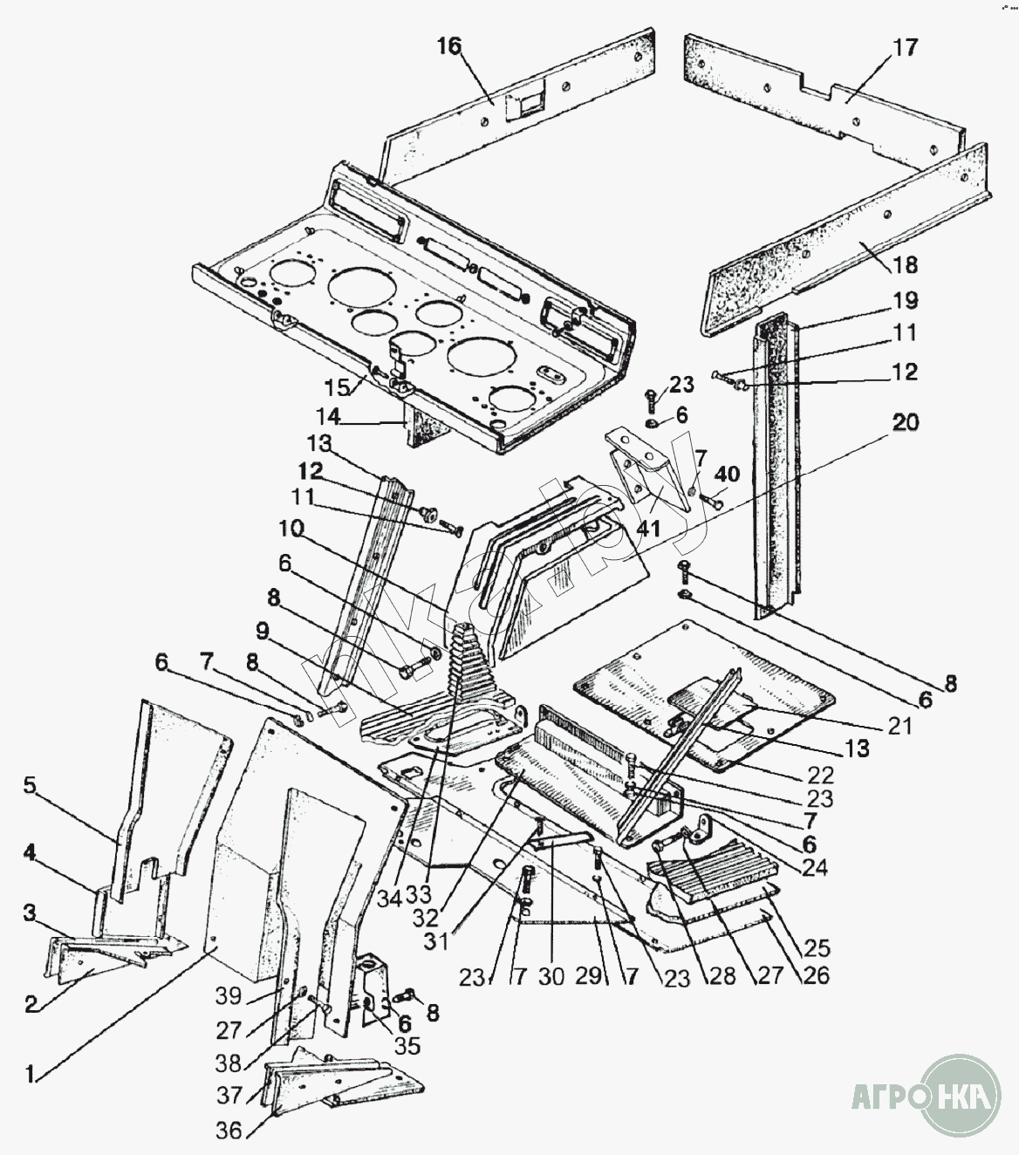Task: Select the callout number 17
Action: tap(906, 47)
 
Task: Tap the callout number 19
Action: tap(906, 301)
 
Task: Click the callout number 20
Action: tap(906, 423)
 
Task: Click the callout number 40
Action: tap(726, 475)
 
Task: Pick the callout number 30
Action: tap(551, 978)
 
